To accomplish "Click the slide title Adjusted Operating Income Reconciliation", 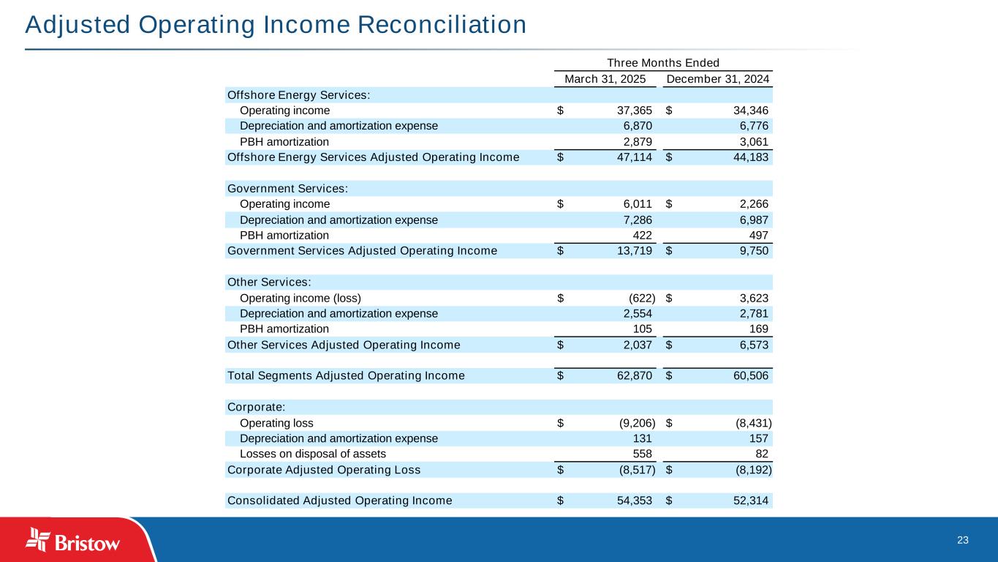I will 276,25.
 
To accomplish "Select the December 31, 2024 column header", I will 718,78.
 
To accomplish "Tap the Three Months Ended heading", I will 663,62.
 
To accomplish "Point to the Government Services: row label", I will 287,189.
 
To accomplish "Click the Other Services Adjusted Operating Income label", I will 344,345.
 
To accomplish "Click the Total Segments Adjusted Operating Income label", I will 346,376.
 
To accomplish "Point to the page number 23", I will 962,540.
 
